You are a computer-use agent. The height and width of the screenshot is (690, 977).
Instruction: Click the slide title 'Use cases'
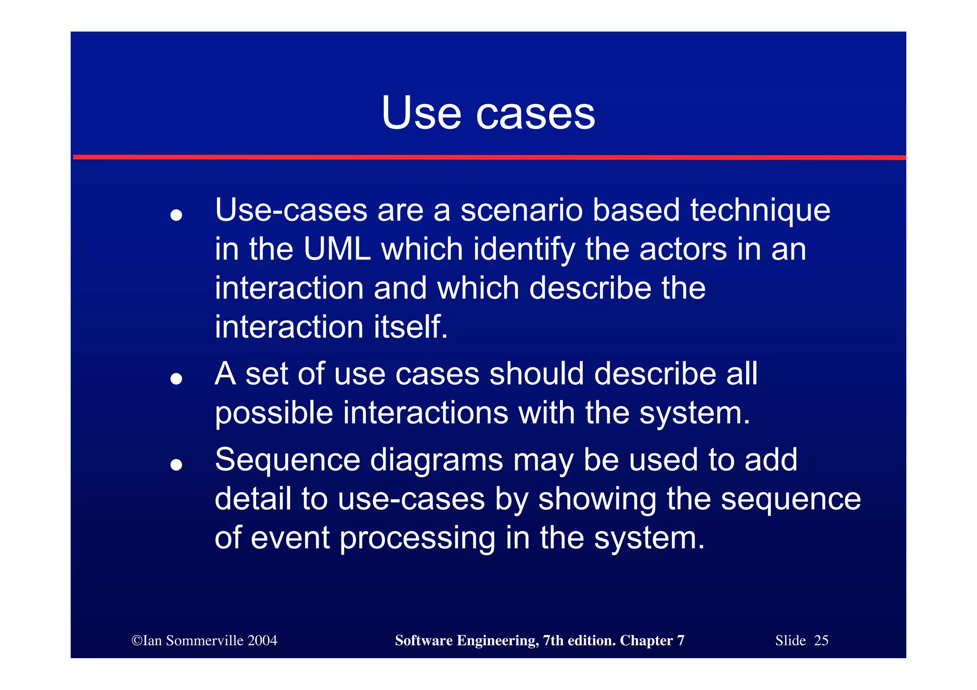pos(488,113)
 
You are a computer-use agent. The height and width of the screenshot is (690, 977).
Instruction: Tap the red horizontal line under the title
pos(488,157)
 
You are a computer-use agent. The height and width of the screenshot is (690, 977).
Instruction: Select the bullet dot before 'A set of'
pos(176,379)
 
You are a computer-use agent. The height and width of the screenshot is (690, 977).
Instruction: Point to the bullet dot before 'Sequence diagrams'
pos(176,464)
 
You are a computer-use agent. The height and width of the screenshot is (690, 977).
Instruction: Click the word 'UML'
pos(337,249)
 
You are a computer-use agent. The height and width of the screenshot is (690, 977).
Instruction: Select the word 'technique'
pos(760,210)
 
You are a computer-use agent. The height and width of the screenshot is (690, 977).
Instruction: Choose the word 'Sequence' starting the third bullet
pos(287,460)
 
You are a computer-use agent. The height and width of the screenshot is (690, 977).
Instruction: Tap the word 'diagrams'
pos(436,460)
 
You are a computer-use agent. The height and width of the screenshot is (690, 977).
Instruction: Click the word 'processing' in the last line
pos(417,538)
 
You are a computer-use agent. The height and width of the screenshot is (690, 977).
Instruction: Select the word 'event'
pos(290,538)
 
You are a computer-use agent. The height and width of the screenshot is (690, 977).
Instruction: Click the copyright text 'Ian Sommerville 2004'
pos(205,640)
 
